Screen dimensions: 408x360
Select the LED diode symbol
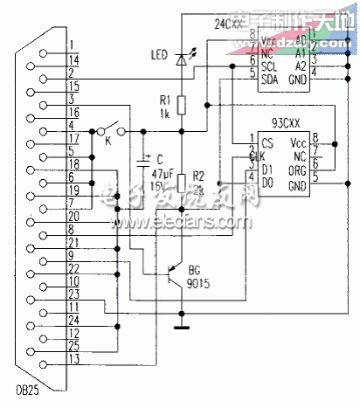(x=182, y=59)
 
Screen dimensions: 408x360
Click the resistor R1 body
(x=182, y=105)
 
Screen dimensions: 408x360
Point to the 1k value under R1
(x=163, y=114)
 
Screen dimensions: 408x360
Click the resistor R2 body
(x=182, y=183)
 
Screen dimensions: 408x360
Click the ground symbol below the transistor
(x=182, y=328)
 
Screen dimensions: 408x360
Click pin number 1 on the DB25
(x=74, y=43)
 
